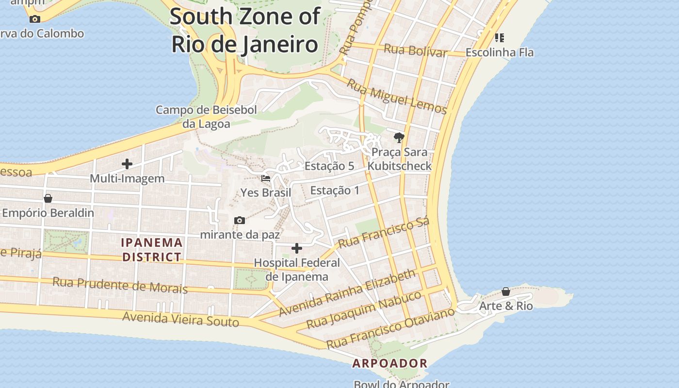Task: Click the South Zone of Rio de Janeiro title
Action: coord(245,30)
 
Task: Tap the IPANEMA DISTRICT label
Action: coord(152,249)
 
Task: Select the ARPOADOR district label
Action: coord(390,363)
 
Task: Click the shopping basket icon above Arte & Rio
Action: coord(506,291)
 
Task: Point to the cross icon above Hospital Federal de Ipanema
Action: coord(297,248)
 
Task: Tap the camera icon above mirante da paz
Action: coord(240,220)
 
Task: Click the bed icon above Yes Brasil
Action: coord(266,178)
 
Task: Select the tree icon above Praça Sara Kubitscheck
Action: coord(399,138)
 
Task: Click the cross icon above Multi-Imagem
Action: coord(127,164)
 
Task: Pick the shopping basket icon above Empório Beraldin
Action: coord(48,198)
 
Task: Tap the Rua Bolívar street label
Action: coord(415,50)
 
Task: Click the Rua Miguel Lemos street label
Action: coord(396,96)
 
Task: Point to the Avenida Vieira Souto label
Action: coord(180,319)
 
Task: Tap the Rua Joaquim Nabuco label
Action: coord(364,309)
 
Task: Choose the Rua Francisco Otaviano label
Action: coord(390,327)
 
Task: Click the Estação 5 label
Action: coord(329,166)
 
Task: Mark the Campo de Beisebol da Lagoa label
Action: coord(206,116)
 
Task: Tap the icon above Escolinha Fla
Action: coord(500,37)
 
